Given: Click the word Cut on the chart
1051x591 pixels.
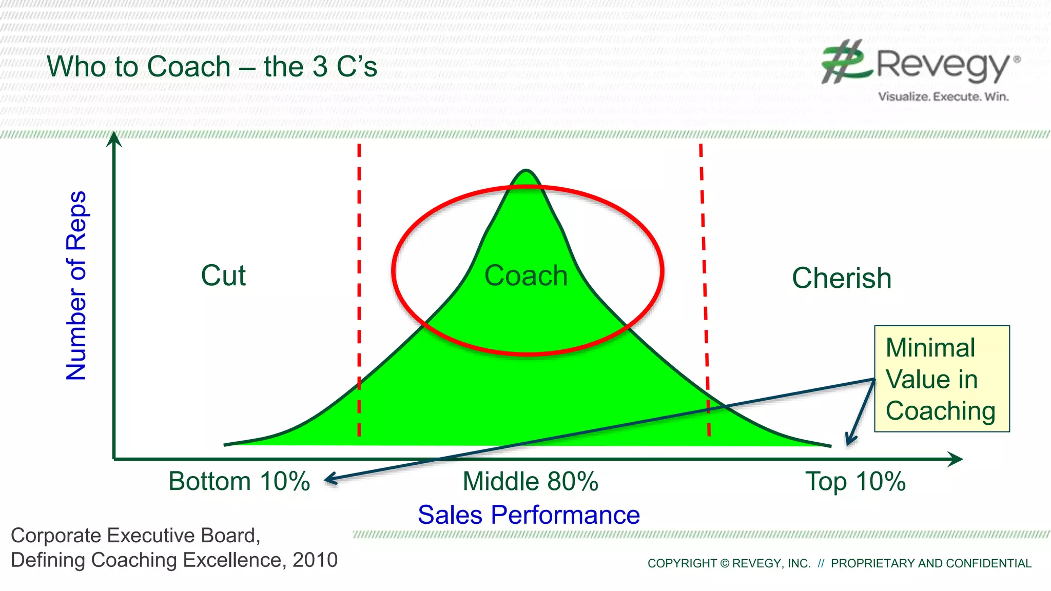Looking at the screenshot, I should coord(223,276).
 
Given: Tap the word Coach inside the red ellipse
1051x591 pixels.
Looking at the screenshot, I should coord(526,276).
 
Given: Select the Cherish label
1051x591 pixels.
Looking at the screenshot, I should coord(842,279).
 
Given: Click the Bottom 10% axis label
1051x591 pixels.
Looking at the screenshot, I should coord(239,482).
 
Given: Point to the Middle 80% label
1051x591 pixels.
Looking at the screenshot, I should coord(530,482).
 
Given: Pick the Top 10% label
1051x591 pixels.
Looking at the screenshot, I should coord(855,482).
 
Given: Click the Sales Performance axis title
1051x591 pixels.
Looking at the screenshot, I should coord(529,515).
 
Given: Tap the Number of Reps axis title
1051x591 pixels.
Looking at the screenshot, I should coord(76,286).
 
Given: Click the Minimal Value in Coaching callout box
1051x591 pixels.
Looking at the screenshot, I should coord(942,379).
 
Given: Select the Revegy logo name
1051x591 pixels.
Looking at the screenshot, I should coord(942,66).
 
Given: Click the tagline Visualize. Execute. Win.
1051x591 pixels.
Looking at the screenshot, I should coord(943,96).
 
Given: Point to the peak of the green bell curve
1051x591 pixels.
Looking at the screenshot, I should coord(526,172).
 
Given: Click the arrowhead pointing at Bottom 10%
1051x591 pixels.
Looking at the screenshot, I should coord(330,480).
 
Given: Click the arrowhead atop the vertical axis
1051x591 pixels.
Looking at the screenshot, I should coord(114,139).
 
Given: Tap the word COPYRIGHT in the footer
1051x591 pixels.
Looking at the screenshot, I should coord(682,563).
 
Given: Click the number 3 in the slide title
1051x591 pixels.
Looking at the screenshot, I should coord(320,67).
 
